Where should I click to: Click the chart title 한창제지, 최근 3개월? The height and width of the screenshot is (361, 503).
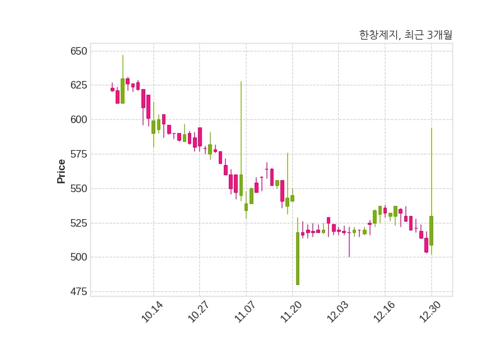(x=405, y=35)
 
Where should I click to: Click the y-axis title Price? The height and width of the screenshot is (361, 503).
(x=61, y=171)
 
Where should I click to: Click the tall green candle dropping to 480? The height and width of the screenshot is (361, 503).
(x=297, y=259)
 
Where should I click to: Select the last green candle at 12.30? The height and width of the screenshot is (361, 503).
(x=431, y=230)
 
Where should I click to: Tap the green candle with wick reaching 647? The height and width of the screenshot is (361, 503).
(x=123, y=90)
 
